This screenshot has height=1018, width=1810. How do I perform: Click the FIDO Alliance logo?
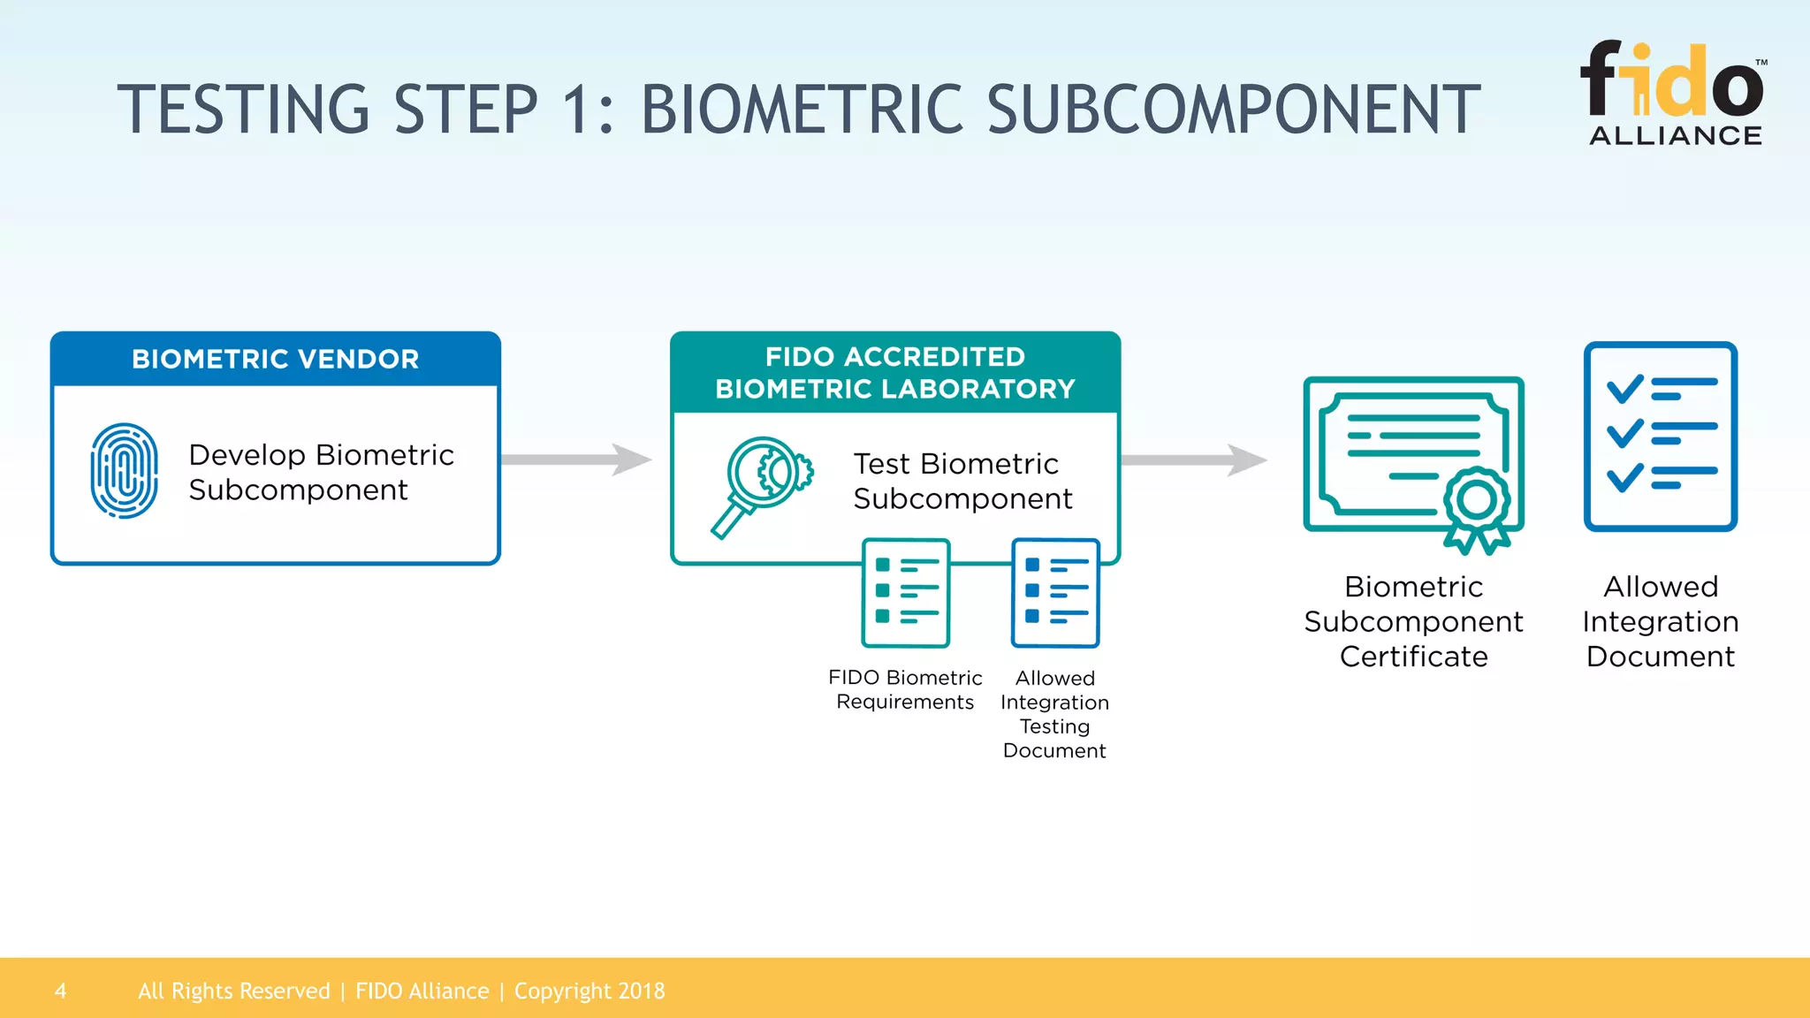coord(1673,93)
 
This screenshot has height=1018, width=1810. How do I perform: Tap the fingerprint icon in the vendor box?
coord(125,471)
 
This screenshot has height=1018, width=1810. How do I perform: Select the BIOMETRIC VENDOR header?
coord(275,359)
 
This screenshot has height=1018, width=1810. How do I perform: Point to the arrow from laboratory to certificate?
coord(1194,460)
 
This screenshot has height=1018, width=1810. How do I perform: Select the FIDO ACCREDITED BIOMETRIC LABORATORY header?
coord(894,372)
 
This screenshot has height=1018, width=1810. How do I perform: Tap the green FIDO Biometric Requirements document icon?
coord(906,592)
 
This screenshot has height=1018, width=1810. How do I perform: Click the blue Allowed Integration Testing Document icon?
coord(1055,592)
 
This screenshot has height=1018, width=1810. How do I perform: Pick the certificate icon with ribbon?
coord(1412,460)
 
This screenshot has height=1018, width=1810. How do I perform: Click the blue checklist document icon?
coord(1660,436)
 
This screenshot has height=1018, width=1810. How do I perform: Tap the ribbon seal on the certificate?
coord(1476,508)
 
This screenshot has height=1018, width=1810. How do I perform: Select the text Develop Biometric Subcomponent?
coord(321,472)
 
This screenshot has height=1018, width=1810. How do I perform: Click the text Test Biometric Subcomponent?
coord(962,481)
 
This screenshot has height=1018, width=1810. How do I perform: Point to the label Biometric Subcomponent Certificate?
coord(1413,621)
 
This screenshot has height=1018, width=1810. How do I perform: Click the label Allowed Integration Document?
coord(1660,621)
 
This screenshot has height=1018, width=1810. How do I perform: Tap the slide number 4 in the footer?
coord(60,991)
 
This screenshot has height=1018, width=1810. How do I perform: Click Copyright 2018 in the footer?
coord(589,991)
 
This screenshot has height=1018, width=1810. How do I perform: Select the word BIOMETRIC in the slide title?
coord(801,110)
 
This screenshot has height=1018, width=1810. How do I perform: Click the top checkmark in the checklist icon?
coord(1624,389)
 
